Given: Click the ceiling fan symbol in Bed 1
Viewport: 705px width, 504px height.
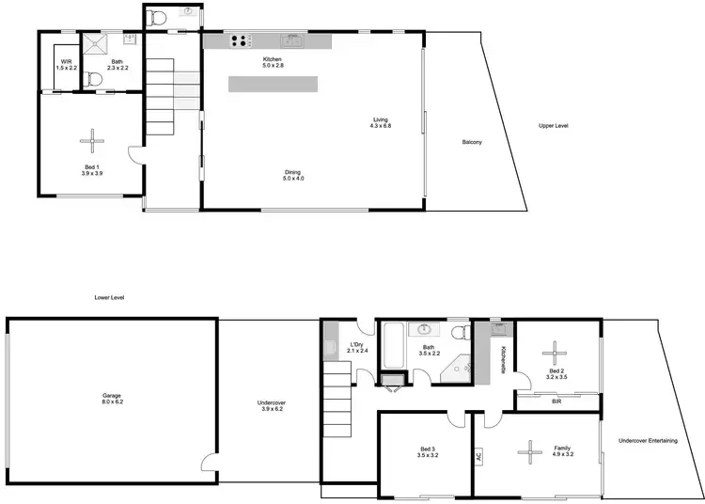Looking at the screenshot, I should [x=92, y=141].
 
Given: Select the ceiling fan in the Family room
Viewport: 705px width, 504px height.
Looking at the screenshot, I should [x=530, y=452].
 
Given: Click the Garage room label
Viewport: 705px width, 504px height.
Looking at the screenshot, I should [x=111, y=399].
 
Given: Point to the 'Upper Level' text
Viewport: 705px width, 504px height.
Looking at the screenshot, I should [x=553, y=126].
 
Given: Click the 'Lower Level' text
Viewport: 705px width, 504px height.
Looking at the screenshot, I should [x=109, y=297].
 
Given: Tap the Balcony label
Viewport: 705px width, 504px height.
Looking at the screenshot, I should [x=472, y=142].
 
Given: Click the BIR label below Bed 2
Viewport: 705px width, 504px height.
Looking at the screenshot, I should [x=557, y=400].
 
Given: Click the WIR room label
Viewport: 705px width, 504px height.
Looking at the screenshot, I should [x=65, y=65].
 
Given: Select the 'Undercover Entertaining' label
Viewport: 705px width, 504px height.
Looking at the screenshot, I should [x=647, y=441].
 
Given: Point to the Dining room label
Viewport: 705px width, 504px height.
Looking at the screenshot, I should [x=294, y=175].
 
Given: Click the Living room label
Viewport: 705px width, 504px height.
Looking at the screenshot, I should [x=380, y=122].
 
